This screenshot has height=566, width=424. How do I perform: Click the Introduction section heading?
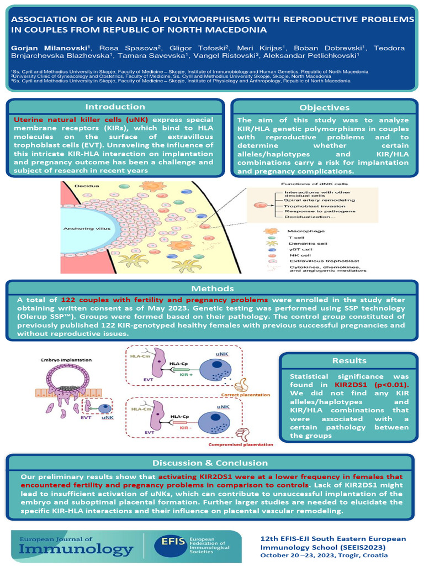pos(115,107)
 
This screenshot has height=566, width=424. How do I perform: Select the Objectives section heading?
pos(324,107)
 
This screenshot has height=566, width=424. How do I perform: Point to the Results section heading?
pos(349,360)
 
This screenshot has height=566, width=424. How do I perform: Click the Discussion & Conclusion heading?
pos(209,463)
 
